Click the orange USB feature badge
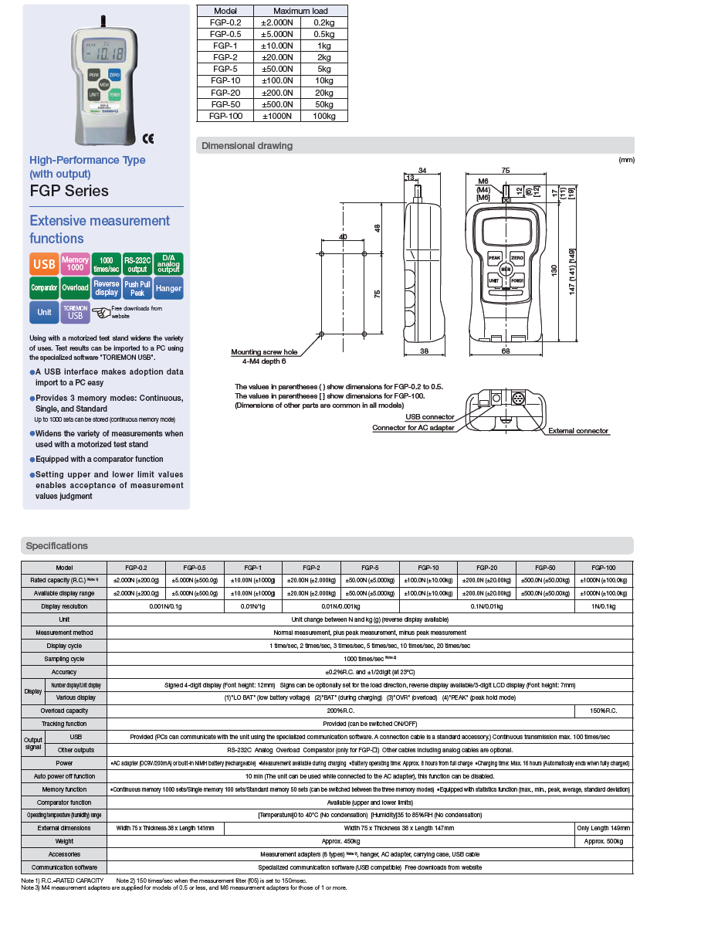(44, 264)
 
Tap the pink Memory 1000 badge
(75, 264)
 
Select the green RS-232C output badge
(137, 264)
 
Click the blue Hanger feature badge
(168, 288)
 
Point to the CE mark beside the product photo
(148, 138)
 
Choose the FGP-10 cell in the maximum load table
(225, 80)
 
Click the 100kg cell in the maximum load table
(323, 116)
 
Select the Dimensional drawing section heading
(247, 146)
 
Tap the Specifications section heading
(57, 546)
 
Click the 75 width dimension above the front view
(505, 170)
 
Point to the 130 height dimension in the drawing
(554, 270)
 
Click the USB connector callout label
(430, 417)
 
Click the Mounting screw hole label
(264, 352)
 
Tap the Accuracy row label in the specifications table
(64, 672)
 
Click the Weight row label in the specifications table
(64, 841)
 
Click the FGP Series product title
(69, 191)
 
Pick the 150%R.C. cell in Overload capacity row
(604, 711)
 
